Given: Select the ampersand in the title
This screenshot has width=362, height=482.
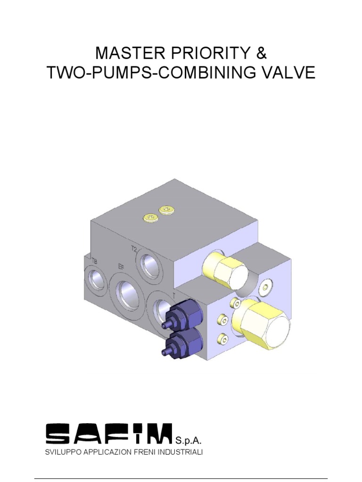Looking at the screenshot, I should (x=261, y=53).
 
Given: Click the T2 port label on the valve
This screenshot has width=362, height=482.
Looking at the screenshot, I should (x=134, y=248).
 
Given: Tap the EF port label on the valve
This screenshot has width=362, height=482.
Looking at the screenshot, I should (x=121, y=267).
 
